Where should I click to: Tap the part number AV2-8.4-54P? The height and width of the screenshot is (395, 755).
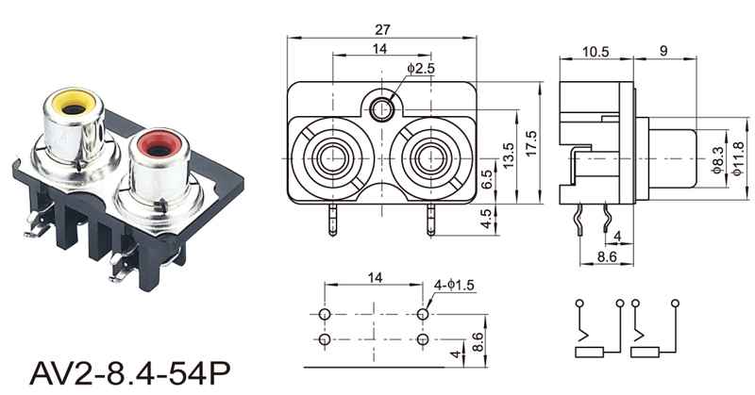coord(130,372)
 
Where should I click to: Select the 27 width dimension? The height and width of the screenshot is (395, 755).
coord(382,30)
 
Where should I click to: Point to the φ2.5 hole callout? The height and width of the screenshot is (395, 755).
coord(421,68)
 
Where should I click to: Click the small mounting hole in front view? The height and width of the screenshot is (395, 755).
coord(382,109)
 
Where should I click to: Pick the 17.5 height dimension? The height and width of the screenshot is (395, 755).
coord(531,143)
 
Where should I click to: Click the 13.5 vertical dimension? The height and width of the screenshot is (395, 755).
coord(509,156)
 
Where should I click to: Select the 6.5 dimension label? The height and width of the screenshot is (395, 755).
coord(486,179)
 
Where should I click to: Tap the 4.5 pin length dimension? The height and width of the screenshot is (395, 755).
coord(486,219)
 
